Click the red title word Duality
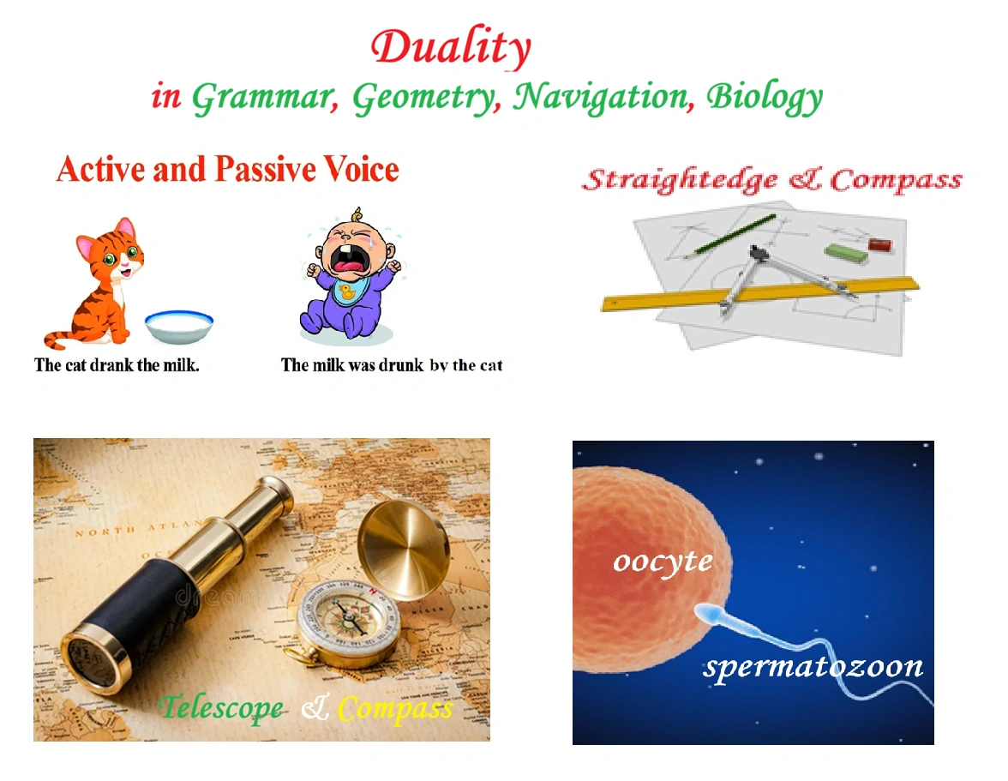[451, 47]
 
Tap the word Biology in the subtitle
[765, 97]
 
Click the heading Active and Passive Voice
[228, 169]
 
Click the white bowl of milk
[179, 326]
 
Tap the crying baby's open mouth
[347, 259]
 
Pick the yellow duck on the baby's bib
[348, 293]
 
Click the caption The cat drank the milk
[117, 365]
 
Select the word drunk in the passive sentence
[401, 366]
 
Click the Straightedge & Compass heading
[772, 180]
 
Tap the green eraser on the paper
[846, 252]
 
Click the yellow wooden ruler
[759, 294]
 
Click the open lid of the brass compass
[403, 550]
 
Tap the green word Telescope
[222, 708]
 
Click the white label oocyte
[663, 562]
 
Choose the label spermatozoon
[813, 667]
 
